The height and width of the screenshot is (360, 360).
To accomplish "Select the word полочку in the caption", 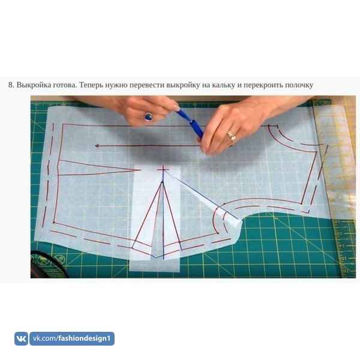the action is (x=299, y=85).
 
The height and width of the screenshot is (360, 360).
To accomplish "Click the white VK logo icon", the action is (x=21, y=338).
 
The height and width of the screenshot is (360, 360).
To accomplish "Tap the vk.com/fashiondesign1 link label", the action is (x=72, y=338).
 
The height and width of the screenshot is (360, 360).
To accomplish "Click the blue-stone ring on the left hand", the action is (x=149, y=116).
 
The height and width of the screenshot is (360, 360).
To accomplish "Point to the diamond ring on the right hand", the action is (x=232, y=136).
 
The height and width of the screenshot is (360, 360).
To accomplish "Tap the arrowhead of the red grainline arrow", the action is (x=97, y=146).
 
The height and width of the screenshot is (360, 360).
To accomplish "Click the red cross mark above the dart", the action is (x=163, y=170).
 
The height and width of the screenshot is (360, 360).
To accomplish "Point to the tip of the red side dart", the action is (x=140, y=170).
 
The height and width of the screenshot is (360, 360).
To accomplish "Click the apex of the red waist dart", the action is (x=162, y=182).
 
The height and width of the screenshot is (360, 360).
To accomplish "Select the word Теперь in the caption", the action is (x=91, y=85).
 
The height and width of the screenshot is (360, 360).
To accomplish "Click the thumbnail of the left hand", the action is (x=176, y=107).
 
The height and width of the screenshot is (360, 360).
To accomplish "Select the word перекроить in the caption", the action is (x=263, y=85).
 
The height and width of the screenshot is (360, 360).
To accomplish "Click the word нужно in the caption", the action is (x=116, y=85).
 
